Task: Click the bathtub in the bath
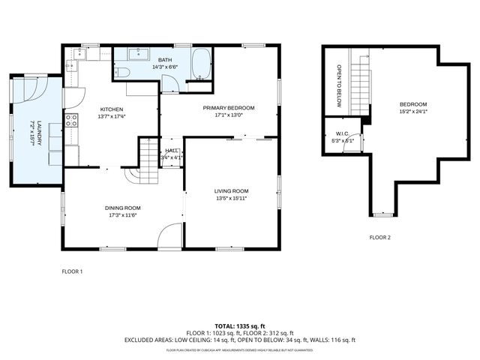point(200,64)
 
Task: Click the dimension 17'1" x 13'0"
point(229,115)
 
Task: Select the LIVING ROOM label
point(231,190)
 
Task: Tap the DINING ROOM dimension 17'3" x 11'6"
point(124,215)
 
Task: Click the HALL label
point(172,151)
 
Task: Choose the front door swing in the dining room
point(170,235)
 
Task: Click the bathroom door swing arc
point(171,82)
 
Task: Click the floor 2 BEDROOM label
point(412,104)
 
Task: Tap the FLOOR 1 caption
point(72,271)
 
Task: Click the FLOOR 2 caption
point(379,238)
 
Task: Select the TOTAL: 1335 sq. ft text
point(239,326)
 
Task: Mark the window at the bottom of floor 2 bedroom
point(382,214)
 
